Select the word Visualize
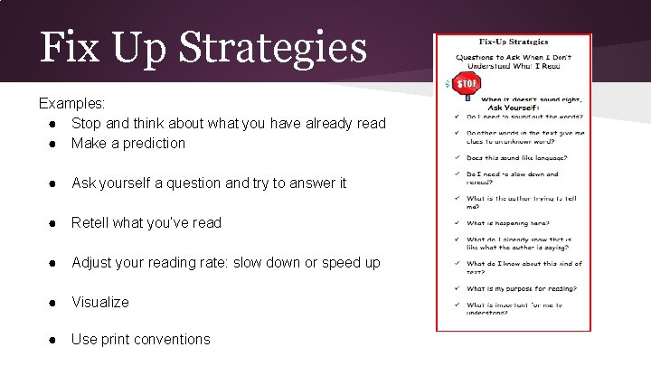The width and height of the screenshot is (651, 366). click(x=100, y=302)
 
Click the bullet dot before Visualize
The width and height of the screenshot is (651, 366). click(x=56, y=302)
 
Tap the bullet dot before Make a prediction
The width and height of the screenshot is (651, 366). click(x=56, y=143)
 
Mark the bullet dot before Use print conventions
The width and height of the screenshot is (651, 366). click(x=56, y=339)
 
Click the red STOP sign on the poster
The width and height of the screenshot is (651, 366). click(x=466, y=84)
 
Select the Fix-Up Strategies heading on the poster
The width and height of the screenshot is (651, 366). click(x=513, y=42)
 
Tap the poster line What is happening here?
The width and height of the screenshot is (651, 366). click(x=507, y=223)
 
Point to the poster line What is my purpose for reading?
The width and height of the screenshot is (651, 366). click(x=521, y=289)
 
